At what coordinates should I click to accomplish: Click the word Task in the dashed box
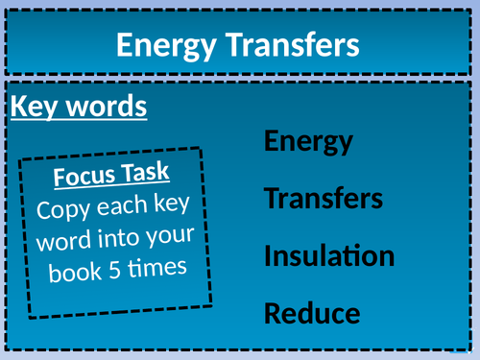point(147,173)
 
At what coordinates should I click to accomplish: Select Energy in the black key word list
point(308,143)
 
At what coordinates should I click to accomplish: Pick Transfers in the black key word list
point(324,200)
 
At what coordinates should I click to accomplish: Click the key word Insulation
point(328,256)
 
